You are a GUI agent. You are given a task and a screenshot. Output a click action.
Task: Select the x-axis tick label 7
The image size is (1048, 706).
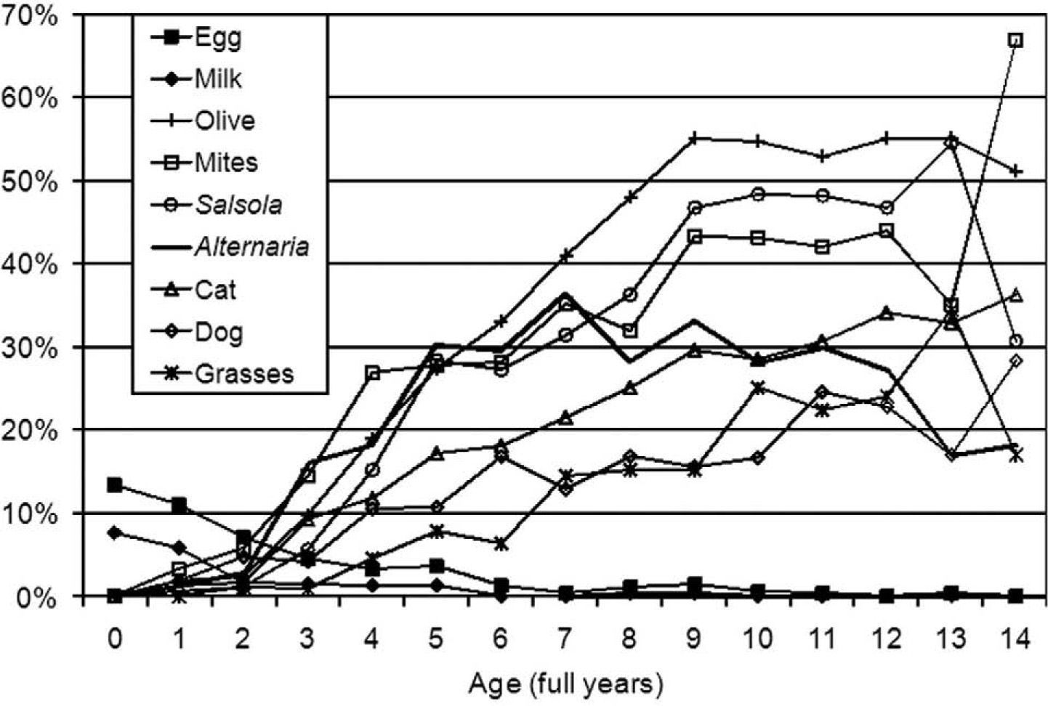565,639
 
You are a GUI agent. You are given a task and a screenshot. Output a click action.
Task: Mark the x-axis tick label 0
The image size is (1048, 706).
114,639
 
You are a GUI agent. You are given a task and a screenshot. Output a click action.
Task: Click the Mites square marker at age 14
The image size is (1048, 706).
1016,40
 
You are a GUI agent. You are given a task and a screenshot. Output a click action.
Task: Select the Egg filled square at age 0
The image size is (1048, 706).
114,484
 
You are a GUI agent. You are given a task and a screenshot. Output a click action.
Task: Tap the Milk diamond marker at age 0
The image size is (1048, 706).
114,533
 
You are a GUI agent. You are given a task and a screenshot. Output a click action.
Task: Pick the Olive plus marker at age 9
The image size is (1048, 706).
694,138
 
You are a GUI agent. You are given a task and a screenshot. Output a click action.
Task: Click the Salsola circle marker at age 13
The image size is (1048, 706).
951,143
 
